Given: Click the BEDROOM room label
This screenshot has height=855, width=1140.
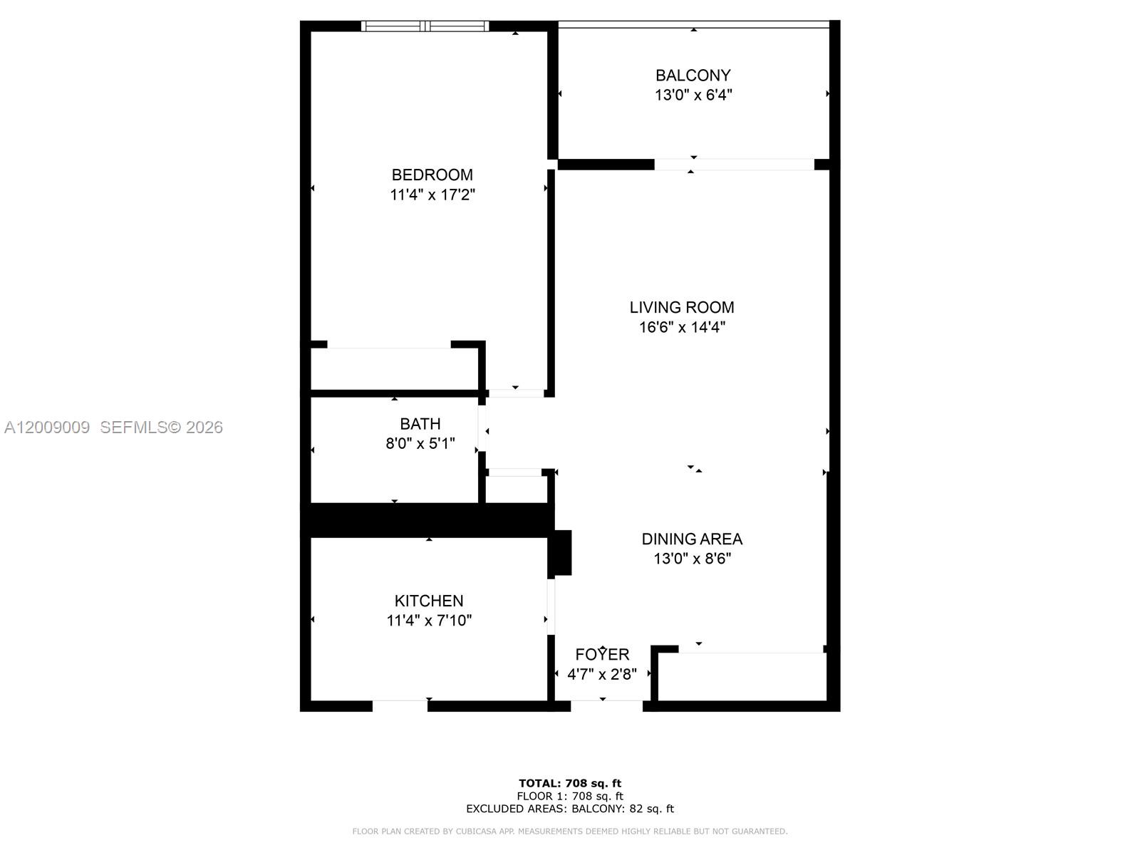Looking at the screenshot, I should (432, 175).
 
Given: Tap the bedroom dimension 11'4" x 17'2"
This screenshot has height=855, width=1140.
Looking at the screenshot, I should (432, 195).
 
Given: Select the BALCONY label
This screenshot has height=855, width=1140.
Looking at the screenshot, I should (693, 75).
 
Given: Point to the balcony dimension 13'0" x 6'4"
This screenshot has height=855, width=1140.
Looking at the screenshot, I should (693, 95).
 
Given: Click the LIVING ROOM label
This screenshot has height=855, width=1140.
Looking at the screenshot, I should (681, 307).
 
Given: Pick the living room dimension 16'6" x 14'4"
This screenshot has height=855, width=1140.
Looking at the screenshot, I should (681, 327).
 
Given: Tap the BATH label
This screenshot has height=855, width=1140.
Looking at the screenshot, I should (420, 424).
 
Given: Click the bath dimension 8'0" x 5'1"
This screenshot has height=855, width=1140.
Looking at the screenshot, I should (420, 444).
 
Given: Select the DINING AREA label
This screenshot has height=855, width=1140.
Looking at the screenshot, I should (691, 539).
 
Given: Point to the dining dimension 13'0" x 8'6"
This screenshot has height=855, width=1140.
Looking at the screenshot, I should (691, 559).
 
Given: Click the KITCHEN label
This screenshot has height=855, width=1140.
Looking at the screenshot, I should (428, 601).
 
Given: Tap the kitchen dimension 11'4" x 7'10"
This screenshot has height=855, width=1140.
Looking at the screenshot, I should (428, 621).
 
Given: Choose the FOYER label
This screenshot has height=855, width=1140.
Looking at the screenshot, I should (602, 654).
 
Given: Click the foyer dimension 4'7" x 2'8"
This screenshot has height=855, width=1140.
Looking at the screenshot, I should (602, 674).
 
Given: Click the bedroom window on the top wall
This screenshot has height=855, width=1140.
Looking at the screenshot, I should (425, 26).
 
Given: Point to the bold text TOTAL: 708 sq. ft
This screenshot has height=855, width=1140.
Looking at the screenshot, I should (569, 784).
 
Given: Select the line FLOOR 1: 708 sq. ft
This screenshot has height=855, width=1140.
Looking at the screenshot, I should (569, 796).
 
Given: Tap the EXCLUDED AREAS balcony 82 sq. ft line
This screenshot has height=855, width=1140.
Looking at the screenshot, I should (569, 809).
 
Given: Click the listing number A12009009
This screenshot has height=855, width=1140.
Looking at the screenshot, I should (47, 427).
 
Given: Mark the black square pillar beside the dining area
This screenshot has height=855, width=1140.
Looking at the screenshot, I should (561, 552).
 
